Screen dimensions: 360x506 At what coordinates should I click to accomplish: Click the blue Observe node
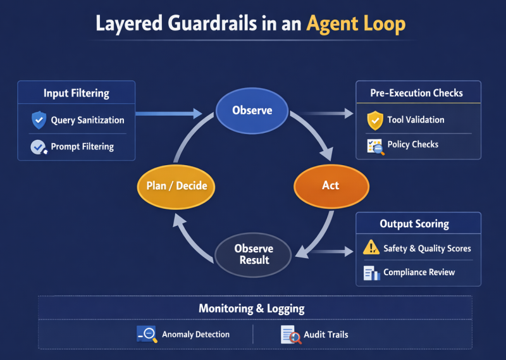point(252,111)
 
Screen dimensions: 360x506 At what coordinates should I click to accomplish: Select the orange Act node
point(330,186)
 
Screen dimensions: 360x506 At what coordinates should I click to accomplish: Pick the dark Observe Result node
point(253,254)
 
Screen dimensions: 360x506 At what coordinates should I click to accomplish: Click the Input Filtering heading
point(77,93)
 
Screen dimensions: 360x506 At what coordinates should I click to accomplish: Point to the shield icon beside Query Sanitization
point(39,120)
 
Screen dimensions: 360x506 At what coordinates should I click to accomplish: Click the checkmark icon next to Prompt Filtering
point(39,147)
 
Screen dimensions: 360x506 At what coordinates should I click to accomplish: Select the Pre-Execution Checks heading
point(416,93)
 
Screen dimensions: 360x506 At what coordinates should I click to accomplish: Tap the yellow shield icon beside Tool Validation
point(375,120)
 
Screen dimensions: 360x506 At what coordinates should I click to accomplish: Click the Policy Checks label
point(412,145)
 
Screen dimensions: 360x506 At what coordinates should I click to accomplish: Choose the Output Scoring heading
point(414,224)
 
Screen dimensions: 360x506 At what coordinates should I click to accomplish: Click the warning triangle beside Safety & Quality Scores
point(371,249)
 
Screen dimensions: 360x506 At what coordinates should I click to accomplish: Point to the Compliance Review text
point(419,273)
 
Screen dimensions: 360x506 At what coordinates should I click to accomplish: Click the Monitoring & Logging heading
point(252,309)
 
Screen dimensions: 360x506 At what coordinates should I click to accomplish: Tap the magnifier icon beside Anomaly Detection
point(147,334)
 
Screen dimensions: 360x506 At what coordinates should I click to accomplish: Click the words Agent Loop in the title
point(355,24)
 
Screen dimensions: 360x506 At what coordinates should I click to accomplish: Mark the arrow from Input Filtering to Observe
point(168,114)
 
